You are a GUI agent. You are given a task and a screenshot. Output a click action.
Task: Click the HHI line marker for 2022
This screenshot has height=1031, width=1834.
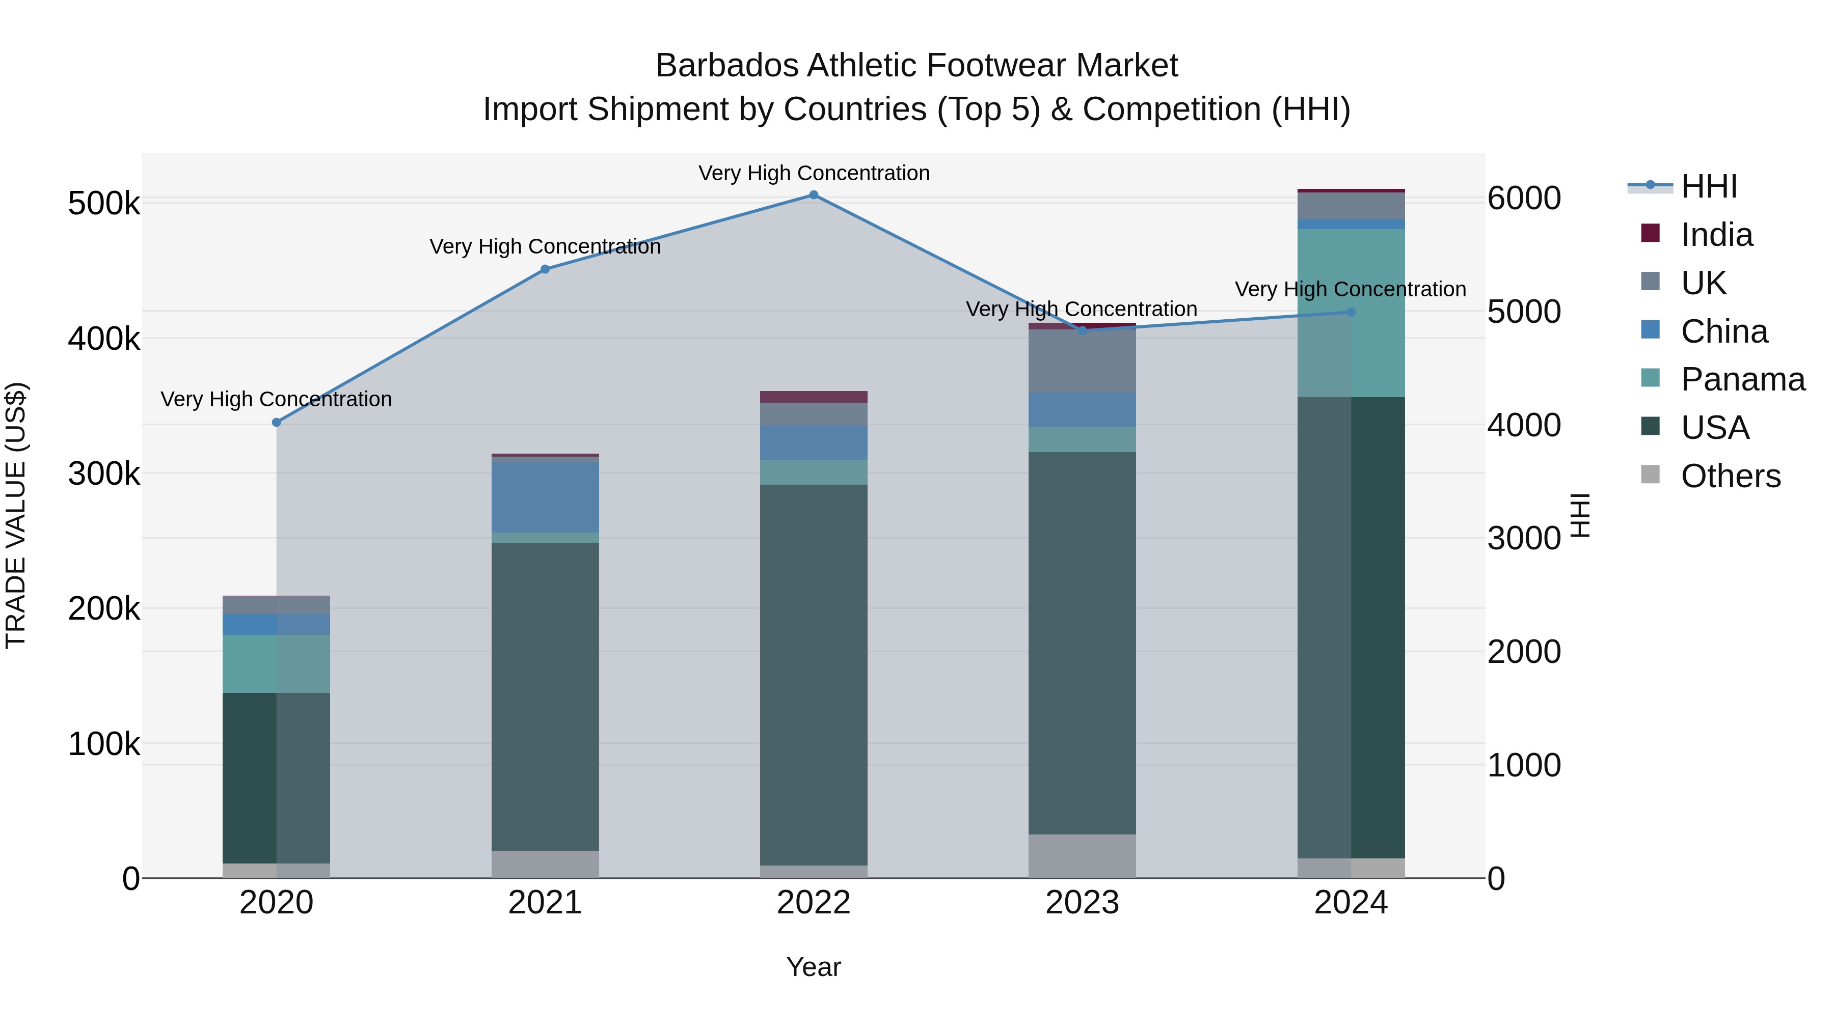[814, 195]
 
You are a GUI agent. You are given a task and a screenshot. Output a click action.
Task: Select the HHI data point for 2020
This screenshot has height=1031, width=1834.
[277, 423]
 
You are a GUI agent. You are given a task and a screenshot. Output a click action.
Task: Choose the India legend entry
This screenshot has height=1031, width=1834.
[1716, 235]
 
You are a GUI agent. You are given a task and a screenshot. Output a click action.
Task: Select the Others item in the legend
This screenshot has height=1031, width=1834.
[1730, 476]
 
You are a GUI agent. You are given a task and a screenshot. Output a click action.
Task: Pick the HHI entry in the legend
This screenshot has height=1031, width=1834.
[1709, 186]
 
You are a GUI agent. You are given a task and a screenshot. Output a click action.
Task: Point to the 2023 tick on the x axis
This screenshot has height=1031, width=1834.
[1082, 903]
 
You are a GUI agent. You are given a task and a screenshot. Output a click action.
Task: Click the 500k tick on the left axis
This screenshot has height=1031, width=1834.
[104, 204]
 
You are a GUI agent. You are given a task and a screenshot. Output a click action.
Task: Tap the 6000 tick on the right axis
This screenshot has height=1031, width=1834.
[1524, 199]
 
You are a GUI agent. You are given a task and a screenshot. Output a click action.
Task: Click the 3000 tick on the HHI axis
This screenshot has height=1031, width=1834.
[1524, 539]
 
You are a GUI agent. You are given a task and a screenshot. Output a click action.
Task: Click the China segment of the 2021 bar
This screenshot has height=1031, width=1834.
[545, 497]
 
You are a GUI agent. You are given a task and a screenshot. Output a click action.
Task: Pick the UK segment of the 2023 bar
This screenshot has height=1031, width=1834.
[1082, 361]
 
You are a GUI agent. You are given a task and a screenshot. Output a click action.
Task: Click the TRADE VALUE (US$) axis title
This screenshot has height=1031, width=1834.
[16, 515]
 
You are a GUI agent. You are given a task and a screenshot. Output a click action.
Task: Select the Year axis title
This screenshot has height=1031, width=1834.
[814, 968]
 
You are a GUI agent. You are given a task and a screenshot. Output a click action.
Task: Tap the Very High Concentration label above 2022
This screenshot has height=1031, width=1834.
[814, 173]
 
